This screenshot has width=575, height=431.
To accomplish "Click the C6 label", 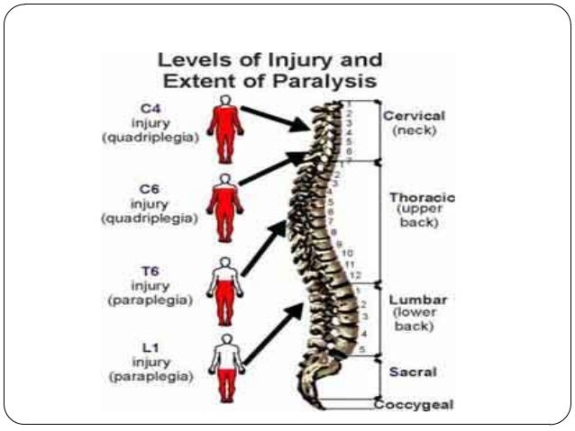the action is (x=150, y=189).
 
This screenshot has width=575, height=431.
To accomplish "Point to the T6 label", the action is (x=150, y=270).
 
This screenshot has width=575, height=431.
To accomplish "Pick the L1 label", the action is (x=150, y=346).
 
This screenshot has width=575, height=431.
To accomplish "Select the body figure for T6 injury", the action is (x=224, y=290).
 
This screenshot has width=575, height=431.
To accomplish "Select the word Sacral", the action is (x=413, y=372).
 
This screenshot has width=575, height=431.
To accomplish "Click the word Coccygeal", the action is (x=415, y=404).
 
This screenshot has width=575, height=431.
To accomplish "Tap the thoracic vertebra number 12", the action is (x=355, y=274).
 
